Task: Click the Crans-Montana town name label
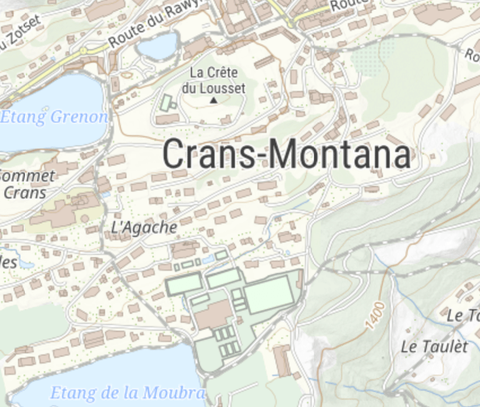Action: pyautogui.click(x=287, y=154)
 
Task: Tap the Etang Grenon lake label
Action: pyautogui.click(x=54, y=117)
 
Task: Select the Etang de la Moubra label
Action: pyautogui.click(x=127, y=393)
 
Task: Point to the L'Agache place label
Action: pyautogui.click(x=144, y=228)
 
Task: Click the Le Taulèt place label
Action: pyautogui.click(x=434, y=346)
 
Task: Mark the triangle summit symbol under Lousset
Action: pyautogui.click(x=214, y=100)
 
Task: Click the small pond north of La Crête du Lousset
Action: pyautogui.click(x=157, y=46)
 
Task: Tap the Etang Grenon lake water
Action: pyautogui.click(x=50, y=94)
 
